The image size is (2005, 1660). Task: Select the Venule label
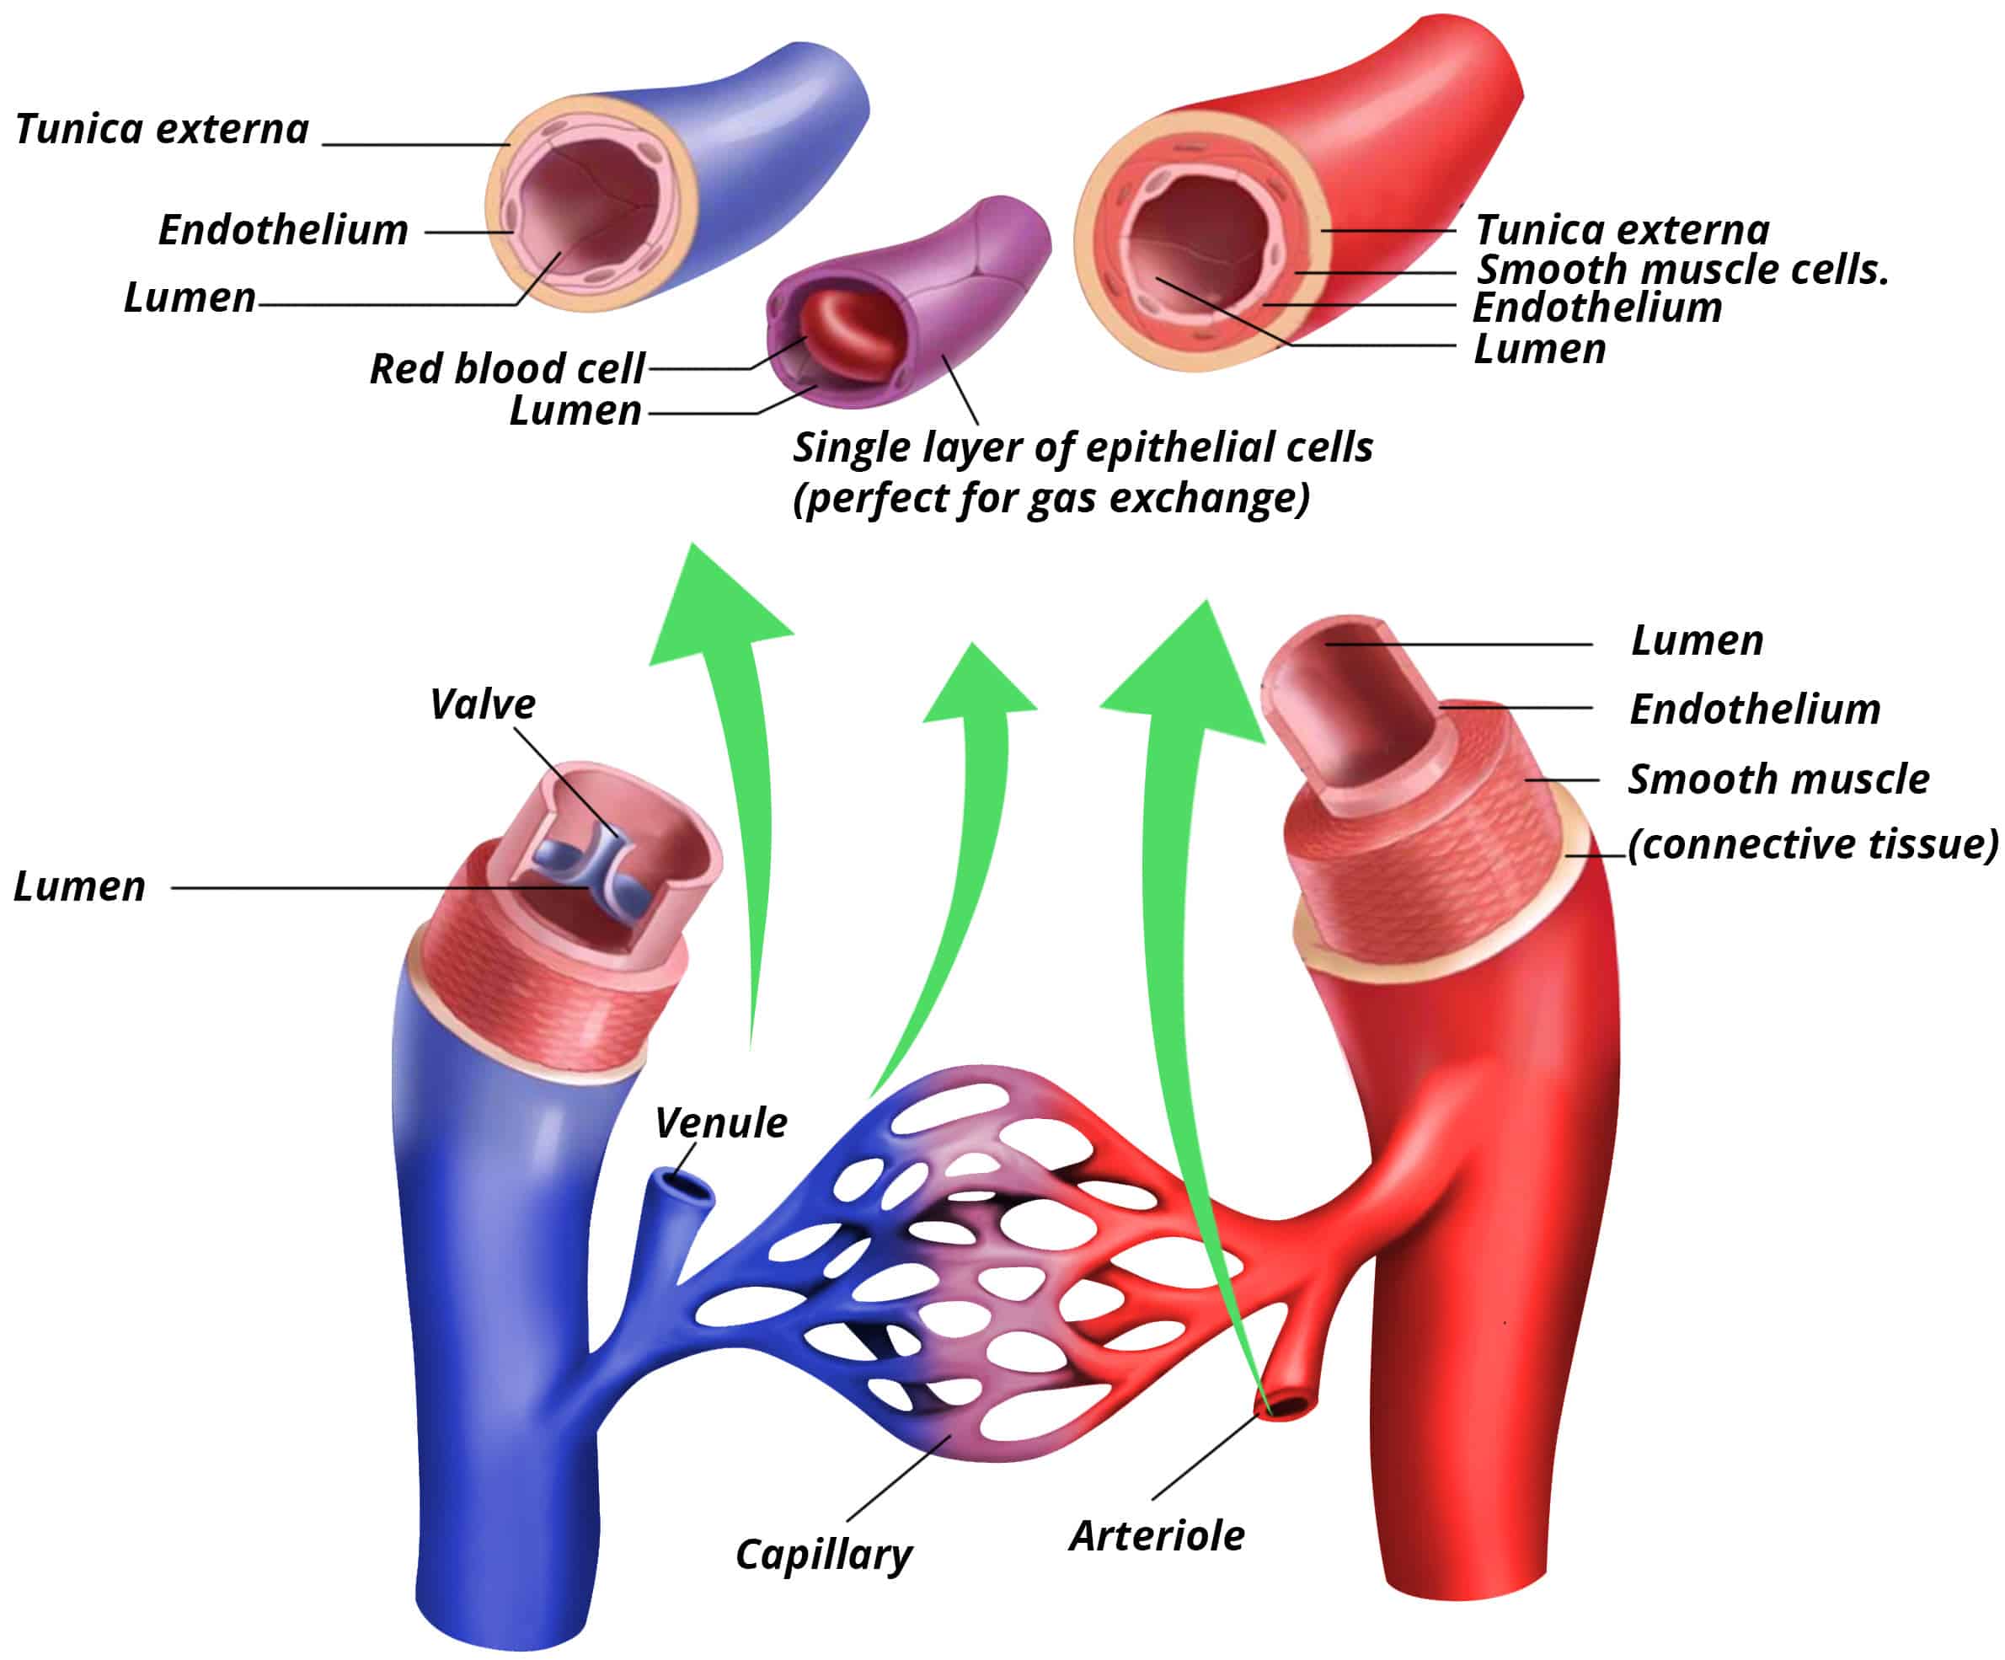[721, 1123]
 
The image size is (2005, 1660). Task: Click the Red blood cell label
[507, 369]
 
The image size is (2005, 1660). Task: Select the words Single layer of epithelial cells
[1082, 447]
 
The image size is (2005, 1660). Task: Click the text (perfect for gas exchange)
[1051, 498]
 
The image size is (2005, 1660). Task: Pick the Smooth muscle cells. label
[1682, 270]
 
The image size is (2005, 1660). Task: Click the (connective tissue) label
[1812, 844]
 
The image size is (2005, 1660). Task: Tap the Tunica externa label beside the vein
[163, 129]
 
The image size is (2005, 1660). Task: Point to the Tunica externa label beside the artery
[1621, 230]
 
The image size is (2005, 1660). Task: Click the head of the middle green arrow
[976, 688]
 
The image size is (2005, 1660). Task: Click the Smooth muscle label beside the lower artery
[1778, 779]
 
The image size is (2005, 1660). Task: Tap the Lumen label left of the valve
[79, 886]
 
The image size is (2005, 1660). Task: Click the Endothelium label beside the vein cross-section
[282, 230]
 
